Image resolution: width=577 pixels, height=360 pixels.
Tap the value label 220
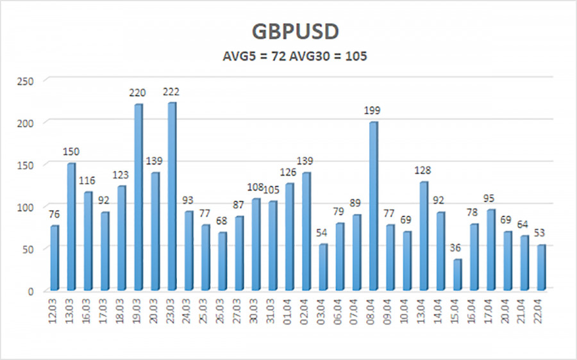point(137,94)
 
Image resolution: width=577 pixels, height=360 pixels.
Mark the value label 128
point(423,171)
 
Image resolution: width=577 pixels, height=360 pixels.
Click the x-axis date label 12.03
point(54,311)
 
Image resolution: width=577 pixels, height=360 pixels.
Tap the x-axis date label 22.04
point(541,311)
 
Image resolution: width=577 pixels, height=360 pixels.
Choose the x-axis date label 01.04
point(290,311)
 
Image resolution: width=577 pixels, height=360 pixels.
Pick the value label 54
point(323,234)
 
